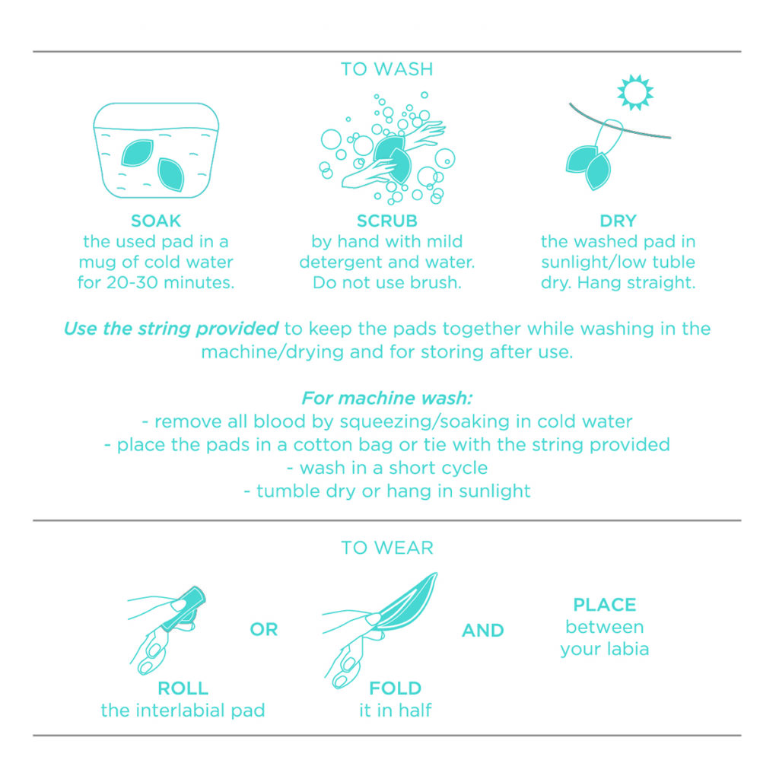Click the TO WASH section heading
(x=386, y=69)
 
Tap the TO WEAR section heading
(x=386, y=548)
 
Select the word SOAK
(x=156, y=221)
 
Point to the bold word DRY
(x=618, y=221)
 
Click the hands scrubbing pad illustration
(x=388, y=152)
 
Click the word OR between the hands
(x=263, y=630)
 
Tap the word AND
(x=482, y=630)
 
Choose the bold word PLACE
(x=605, y=606)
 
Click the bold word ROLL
(x=183, y=688)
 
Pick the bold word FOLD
(x=395, y=688)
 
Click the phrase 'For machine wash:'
(x=386, y=398)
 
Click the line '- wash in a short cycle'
(x=386, y=467)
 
